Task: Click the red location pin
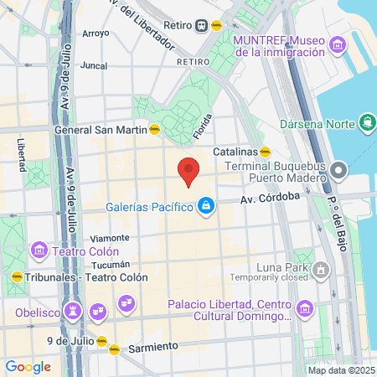coord(188,171)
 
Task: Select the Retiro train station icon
coord(203,26)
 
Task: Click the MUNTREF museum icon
coord(337,44)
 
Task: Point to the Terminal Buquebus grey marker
coord(338,172)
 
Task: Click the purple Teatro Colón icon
coord(38,250)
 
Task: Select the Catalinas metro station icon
coord(266,152)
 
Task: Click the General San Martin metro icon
coord(154,130)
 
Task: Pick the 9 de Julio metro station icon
coord(101,341)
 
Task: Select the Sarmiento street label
coord(153,345)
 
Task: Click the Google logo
coord(28,366)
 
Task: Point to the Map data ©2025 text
coord(339,370)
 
